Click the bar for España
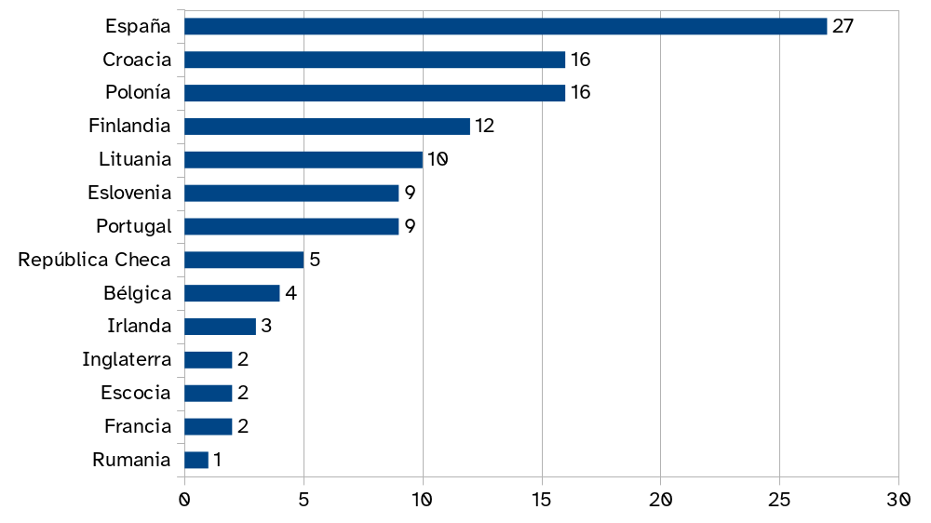pos(506,26)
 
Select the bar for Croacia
pos(374,60)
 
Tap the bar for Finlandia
pos(327,127)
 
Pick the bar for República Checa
pos(244,260)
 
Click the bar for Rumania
pos(196,460)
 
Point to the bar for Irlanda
pos(220,327)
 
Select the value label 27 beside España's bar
pos(843,26)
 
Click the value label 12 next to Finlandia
pos(484,127)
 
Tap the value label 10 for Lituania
pos(438,160)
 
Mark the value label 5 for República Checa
pos(315,260)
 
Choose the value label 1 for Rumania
pos(217,460)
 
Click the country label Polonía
pos(137,93)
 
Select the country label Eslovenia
pos(129,193)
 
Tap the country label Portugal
pos(134,226)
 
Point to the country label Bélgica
pos(138,293)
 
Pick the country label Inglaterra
pos(127,360)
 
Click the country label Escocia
pos(136,393)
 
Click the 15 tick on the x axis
pos(542,500)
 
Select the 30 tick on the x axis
pos(898,500)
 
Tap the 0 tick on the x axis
pos(184,500)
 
